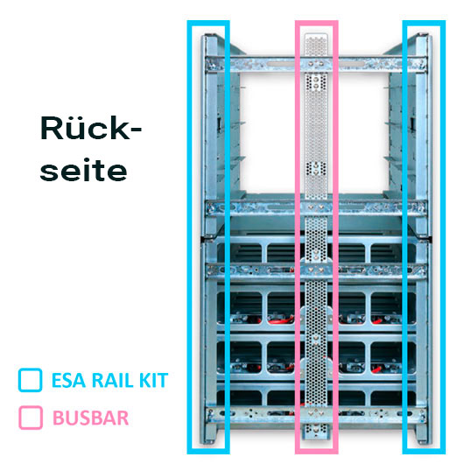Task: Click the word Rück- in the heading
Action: [x=91, y=129]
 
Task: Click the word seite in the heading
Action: [x=84, y=171]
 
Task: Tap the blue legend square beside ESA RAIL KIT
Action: [x=30, y=380]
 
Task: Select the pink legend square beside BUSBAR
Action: [x=31, y=418]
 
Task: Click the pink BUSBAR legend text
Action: [x=90, y=418]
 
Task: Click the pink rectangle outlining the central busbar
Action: [x=297, y=236]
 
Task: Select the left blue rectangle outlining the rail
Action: [x=189, y=236]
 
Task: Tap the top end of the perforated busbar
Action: [x=316, y=35]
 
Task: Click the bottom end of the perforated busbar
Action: [x=316, y=436]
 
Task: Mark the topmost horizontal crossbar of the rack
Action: [x=317, y=64]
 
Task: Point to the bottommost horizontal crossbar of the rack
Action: [x=317, y=414]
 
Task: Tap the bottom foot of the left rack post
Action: [x=209, y=439]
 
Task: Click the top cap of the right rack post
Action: [x=423, y=36]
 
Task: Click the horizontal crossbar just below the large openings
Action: [x=317, y=207]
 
